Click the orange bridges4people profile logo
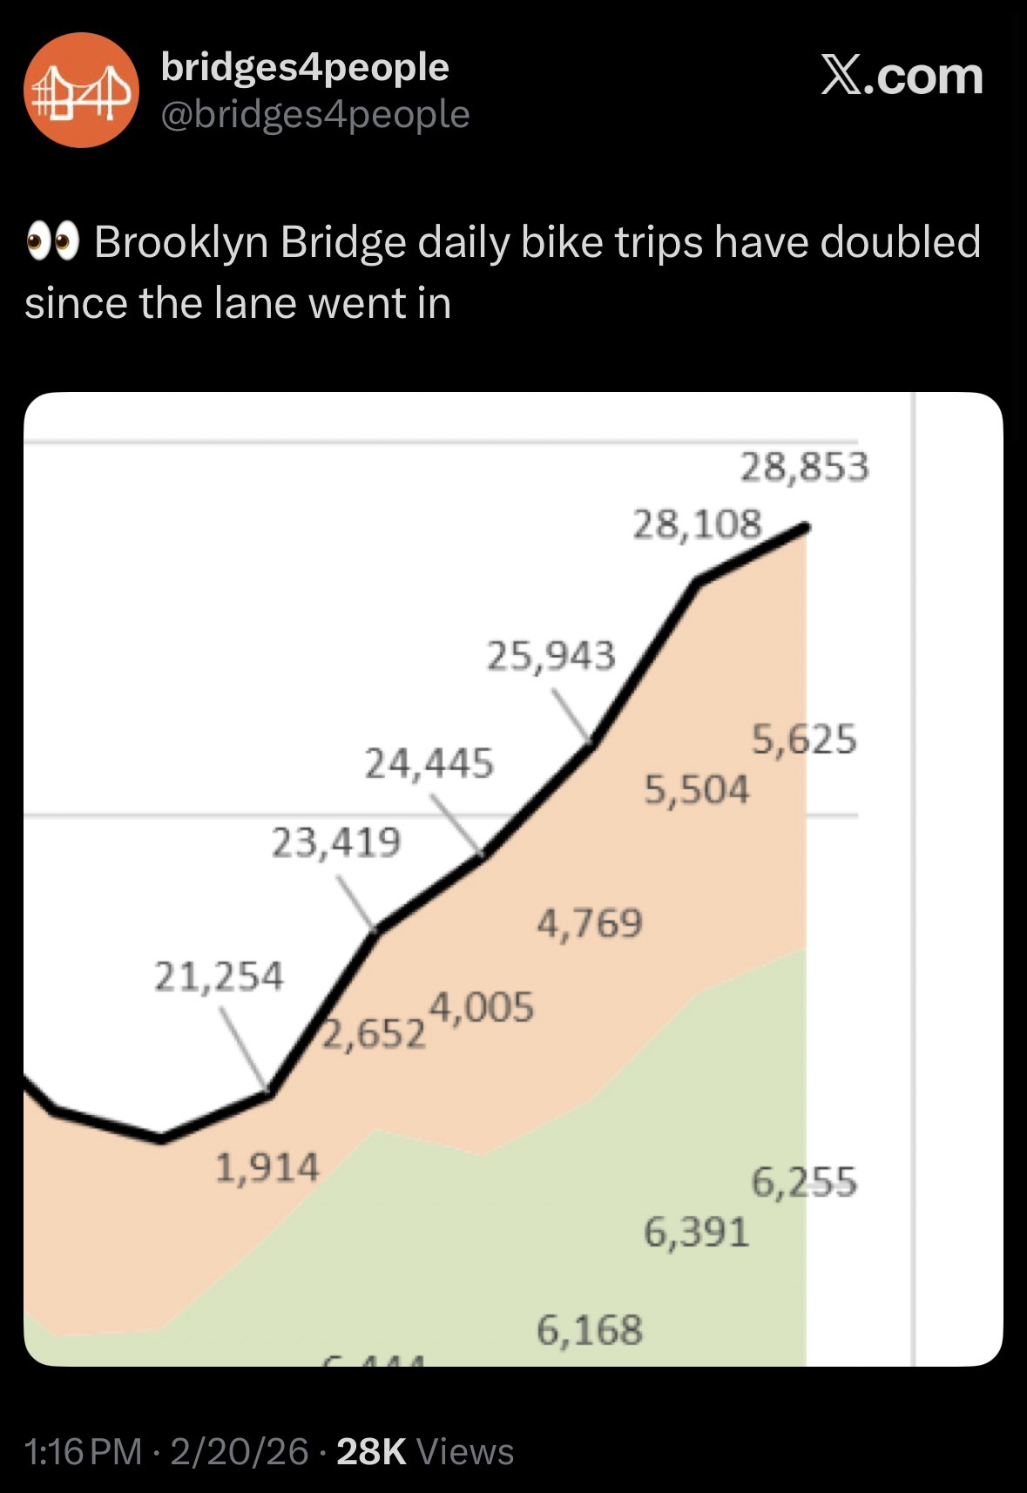81,90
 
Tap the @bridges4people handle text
315,114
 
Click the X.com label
902,77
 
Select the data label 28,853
804,468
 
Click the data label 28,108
697,524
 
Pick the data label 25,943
551,656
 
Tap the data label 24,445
429,764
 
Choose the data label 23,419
336,842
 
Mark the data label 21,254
219,976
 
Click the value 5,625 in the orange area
804,740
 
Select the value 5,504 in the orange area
696,790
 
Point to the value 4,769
590,923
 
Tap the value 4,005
481,1008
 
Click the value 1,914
267,1167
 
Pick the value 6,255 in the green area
804,1183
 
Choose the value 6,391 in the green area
696,1233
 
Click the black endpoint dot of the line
806,526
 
